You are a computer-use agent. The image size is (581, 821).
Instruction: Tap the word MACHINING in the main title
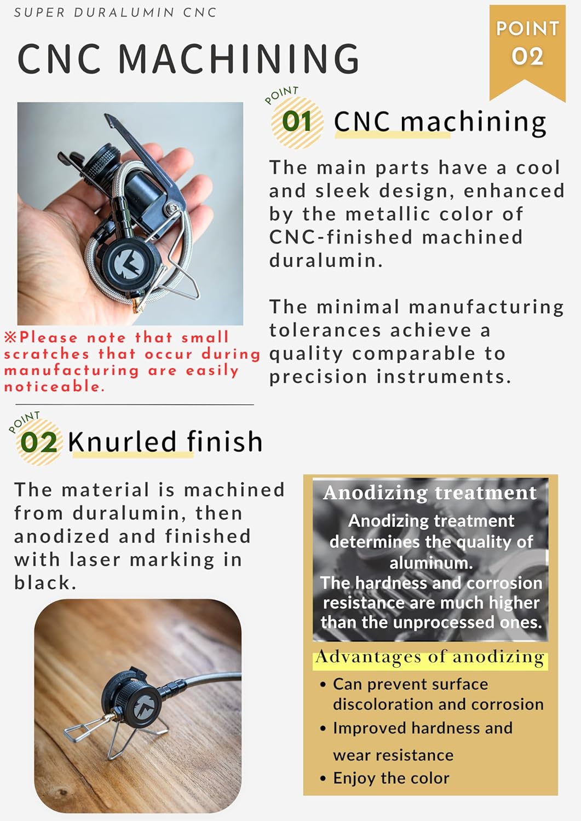pyautogui.click(x=239, y=59)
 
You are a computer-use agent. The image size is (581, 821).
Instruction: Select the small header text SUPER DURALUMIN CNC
pyautogui.click(x=115, y=13)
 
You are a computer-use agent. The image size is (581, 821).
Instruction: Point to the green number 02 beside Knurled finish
pyautogui.click(x=39, y=442)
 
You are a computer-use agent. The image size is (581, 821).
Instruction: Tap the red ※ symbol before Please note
pyautogui.click(x=10, y=337)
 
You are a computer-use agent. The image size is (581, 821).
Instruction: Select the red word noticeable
pyautogui.click(x=54, y=386)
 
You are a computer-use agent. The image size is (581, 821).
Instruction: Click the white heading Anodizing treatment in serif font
pyautogui.click(x=430, y=493)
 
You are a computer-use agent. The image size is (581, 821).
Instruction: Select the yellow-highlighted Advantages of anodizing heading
pyautogui.click(x=430, y=657)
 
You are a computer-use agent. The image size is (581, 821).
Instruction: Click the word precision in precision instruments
pyautogui.click(x=318, y=377)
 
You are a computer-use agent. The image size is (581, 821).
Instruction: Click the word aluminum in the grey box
pyautogui.click(x=431, y=563)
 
